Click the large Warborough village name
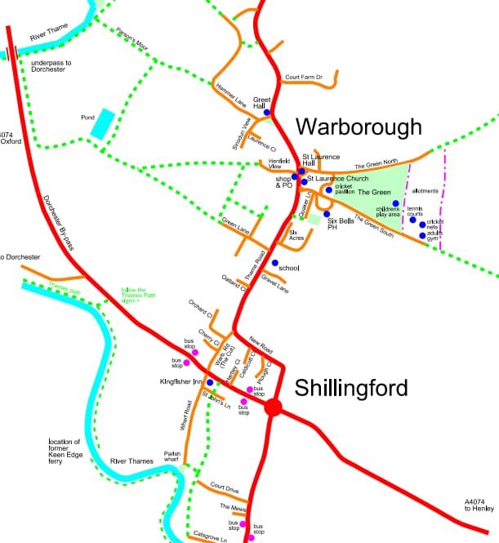359,127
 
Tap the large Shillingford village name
351,387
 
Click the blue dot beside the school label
274,263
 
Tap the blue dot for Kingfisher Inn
210,382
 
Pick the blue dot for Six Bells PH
327,214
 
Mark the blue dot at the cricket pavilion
329,190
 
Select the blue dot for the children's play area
395,203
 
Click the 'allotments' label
425,191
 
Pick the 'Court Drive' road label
224,487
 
